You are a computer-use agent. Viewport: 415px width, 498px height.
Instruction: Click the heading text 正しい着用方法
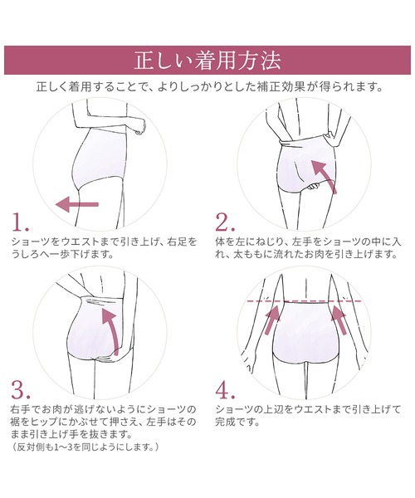(x=207, y=61)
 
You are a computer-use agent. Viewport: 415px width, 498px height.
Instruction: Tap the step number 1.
(x=20, y=222)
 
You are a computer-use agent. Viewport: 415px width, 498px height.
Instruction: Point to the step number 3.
(x=21, y=390)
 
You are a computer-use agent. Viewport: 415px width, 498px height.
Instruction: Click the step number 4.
(x=226, y=390)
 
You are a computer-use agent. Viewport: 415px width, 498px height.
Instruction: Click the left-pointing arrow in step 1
(x=77, y=204)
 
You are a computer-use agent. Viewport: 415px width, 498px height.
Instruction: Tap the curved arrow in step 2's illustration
(x=324, y=175)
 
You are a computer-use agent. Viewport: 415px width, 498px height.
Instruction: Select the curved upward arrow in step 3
(x=111, y=330)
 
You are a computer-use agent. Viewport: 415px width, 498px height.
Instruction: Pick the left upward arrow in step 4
(x=273, y=320)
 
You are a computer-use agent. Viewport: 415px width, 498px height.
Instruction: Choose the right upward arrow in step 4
(x=339, y=320)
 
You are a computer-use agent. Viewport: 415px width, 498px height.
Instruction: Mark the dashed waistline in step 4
(x=304, y=301)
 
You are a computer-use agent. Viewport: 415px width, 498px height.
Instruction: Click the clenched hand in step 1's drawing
(x=140, y=126)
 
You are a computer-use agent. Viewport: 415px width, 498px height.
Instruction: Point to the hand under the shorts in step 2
(x=315, y=187)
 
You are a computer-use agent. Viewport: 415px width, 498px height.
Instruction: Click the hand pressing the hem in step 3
(x=108, y=359)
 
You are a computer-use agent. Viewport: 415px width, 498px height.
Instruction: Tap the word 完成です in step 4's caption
(x=237, y=422)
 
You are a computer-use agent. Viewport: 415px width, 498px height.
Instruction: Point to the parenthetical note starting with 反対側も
(x=85, y=447)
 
